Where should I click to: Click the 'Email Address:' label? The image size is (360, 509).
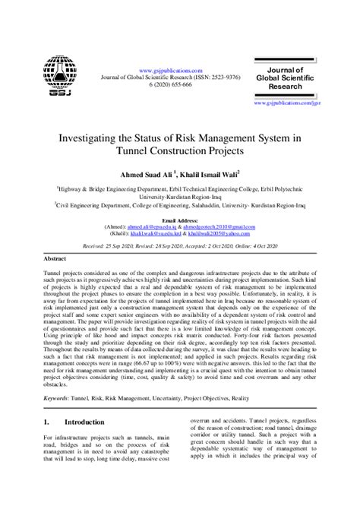coord(180,220)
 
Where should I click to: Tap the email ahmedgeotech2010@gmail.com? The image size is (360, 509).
coord(223,226)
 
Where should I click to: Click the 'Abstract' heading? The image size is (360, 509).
coord(56,259)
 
